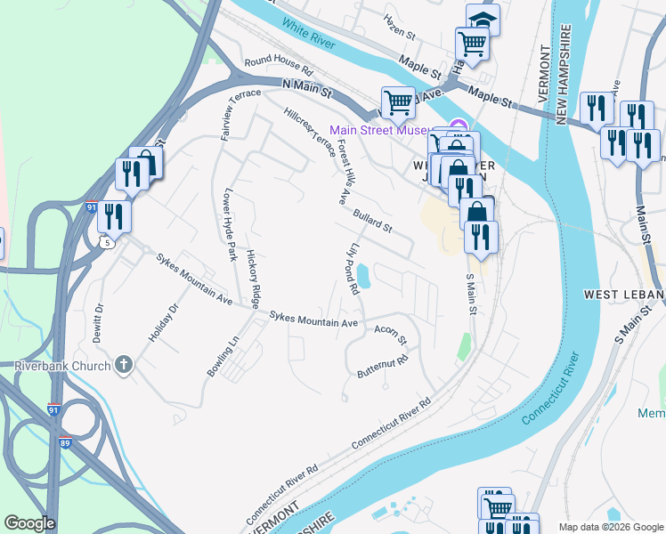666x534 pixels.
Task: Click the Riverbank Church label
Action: (x=61, y=366)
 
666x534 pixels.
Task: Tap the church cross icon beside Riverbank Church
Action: (x=124, y=365)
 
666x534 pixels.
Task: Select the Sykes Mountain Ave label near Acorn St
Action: (x=313, y=319)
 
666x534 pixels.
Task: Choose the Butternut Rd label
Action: (x=382, y=366)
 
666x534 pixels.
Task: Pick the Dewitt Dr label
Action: (x=100, y=323)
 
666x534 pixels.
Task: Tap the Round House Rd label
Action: (x=280, y=68)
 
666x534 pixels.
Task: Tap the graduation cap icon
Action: (x=483, y=19)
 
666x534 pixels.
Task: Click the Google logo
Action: (x=29, y=523)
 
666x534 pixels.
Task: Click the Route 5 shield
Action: (x=109, y=241)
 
